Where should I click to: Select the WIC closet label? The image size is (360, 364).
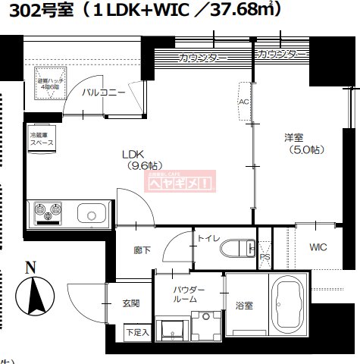point(319,247)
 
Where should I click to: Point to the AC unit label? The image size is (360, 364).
point(244,99)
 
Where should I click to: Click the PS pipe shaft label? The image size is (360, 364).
point(265,257)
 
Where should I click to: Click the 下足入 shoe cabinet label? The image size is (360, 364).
point(137,331)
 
